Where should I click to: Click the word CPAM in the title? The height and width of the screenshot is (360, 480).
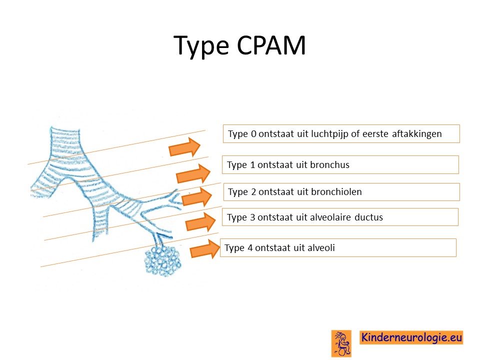[x=271, y=45]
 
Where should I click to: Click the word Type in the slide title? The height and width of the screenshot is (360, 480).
[x=201, y=46]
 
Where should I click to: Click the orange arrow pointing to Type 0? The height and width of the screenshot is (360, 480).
[x=184, y=147]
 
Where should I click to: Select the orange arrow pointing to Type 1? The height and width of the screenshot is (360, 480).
[x=193, y=173]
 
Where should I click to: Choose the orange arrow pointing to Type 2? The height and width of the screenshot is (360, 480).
[x=197, y=197]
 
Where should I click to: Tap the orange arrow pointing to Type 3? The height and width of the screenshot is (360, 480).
[x=201, y=222]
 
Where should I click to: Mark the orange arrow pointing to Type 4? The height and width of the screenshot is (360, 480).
[x=205, y=249]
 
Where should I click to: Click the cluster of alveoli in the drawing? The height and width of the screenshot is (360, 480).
[x=163, y=261]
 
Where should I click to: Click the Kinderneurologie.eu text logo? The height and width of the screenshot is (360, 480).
[x=411, y=337]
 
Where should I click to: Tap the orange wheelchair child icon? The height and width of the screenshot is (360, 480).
[x=341, y=343]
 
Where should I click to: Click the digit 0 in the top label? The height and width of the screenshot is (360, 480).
[x=253, y=134]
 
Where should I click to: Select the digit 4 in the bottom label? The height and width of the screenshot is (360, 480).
[x=250, y=247]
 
